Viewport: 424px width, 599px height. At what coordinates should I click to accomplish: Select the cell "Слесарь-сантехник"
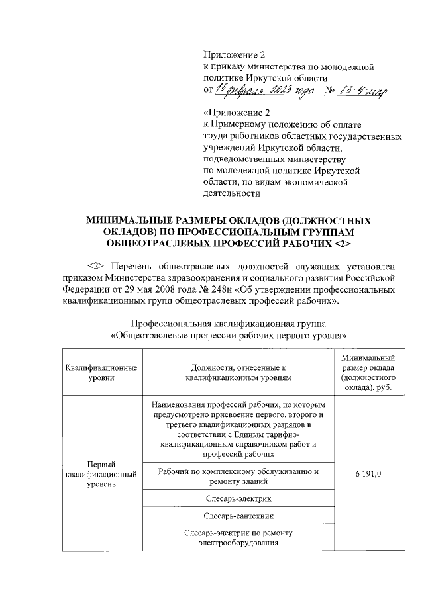point(238,514)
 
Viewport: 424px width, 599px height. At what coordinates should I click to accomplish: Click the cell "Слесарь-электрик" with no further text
point(238,497)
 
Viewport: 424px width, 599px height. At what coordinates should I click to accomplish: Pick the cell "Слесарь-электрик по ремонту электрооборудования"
point(238,537)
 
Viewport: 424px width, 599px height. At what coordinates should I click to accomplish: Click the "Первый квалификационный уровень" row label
point(101,475)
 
